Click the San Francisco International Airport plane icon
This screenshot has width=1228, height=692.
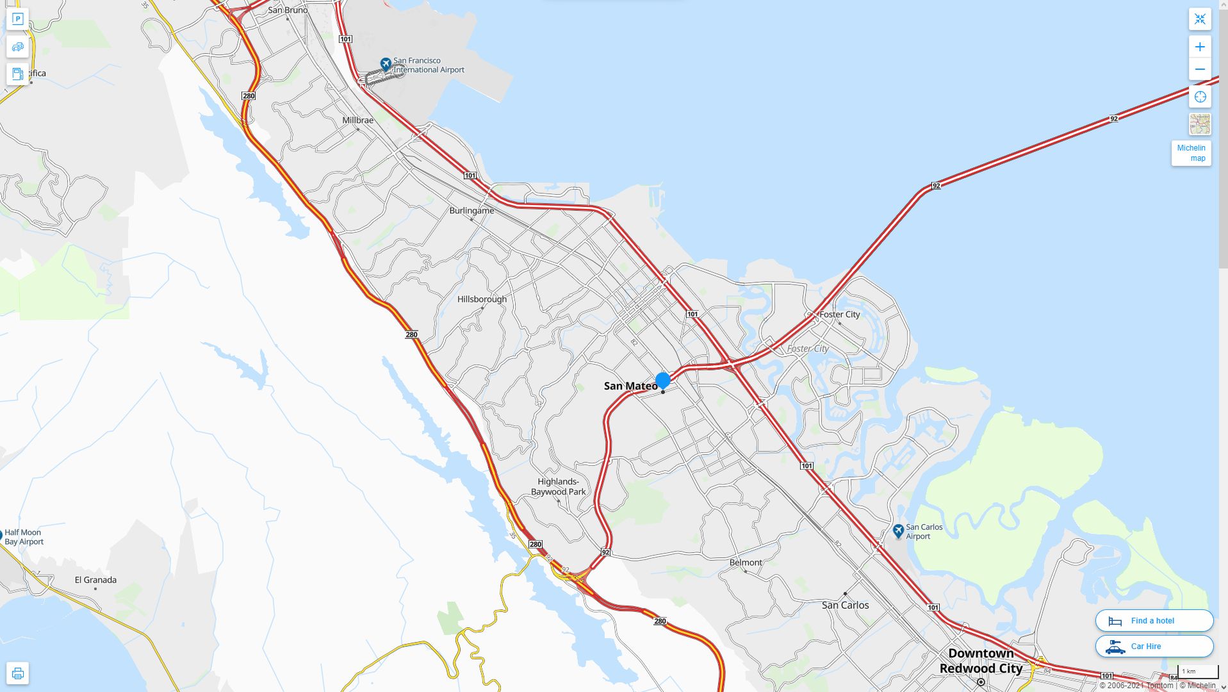click(386, 64)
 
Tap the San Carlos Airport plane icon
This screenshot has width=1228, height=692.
click(898, 531)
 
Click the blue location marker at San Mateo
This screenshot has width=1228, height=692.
click(663, 380)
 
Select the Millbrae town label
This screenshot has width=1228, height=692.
click(357, 120)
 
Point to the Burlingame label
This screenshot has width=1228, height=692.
click(471, 211)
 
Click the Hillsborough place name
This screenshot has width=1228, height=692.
click(482, 299)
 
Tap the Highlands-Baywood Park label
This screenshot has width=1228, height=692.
click(558, 487)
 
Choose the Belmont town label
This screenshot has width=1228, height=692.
click(746, 563)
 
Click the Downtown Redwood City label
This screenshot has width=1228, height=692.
click(981, 661)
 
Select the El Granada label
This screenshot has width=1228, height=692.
click(95, 580)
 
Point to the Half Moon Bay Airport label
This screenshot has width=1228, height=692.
click(24, 537)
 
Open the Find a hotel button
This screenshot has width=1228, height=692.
click(1154, 621)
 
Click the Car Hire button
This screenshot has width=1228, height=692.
click(1154, 647)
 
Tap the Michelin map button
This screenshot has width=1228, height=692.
click(1191, 153)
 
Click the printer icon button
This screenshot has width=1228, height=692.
click(18, 673)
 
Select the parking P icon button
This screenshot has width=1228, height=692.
click(18, 19)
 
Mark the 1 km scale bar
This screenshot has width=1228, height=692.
click(1197, 672)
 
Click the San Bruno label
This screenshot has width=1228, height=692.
click(288, 10)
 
